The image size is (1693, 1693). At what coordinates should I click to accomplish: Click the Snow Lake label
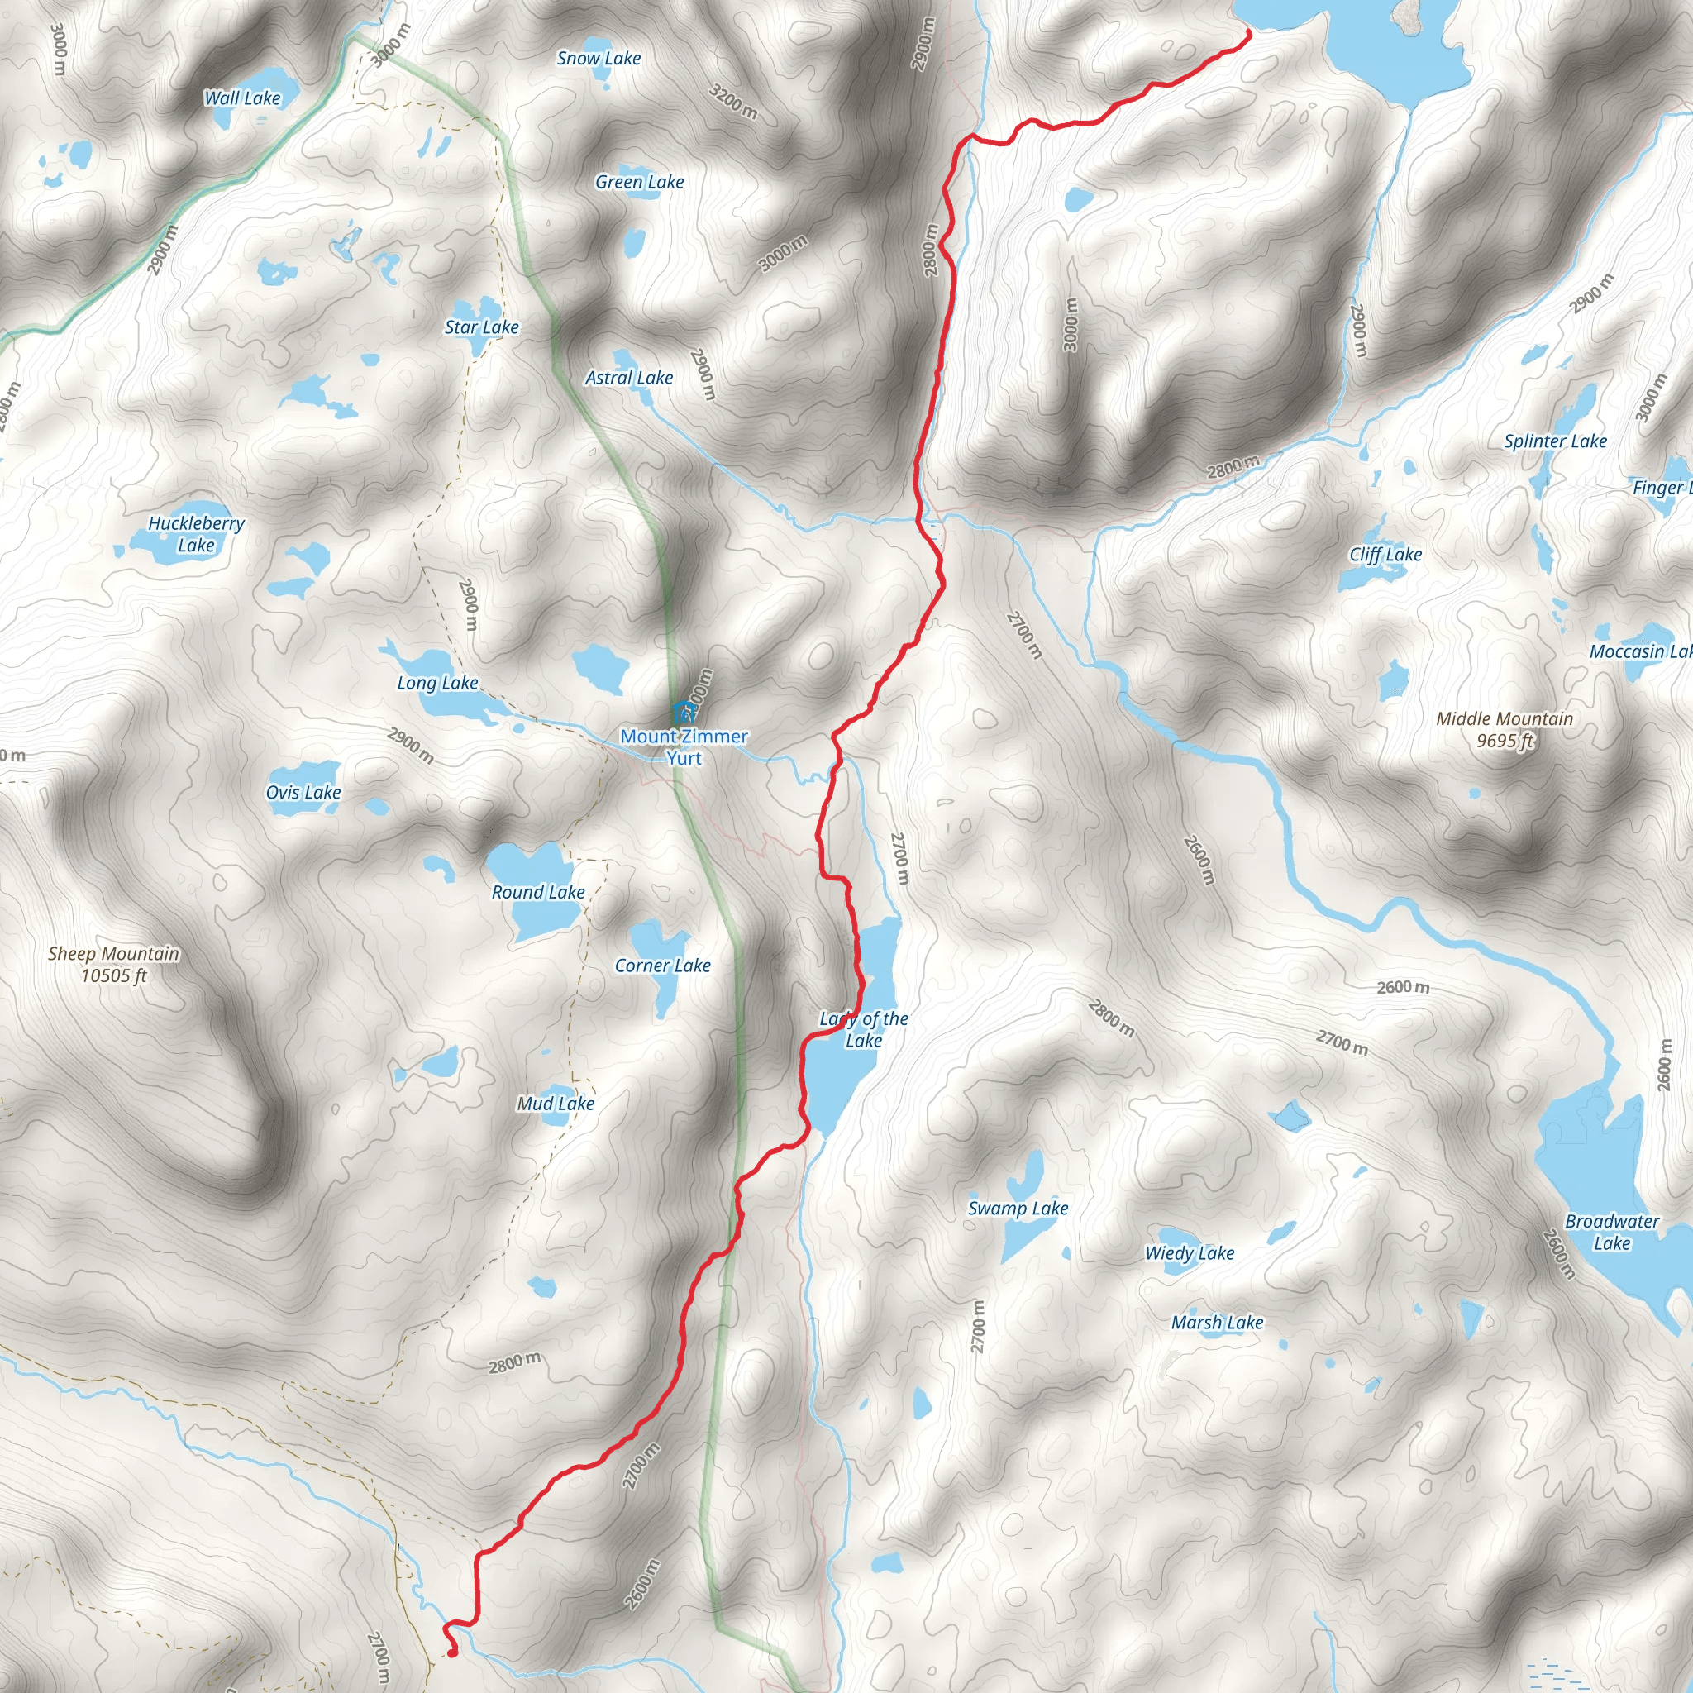(x=599, y=59)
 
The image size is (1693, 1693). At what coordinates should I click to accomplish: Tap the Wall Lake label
(x=242, y=98)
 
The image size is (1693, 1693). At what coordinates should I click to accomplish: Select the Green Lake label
(x=639, y=182)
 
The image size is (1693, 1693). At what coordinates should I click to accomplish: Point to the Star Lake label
(x=481, y=327)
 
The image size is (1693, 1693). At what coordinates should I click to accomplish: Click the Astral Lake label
(x=628, y=378)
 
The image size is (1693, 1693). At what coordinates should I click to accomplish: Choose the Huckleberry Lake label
(x=196, y=535)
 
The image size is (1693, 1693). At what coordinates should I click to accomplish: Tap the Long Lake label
(x=437, y=683)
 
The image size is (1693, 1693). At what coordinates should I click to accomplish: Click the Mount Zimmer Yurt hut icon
(x=683, y=712)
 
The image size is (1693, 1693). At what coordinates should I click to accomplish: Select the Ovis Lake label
(x=303, y=792)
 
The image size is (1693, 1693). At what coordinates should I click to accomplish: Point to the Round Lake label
(x=538, y=892)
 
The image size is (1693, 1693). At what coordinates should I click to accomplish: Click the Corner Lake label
(x=662, y=966)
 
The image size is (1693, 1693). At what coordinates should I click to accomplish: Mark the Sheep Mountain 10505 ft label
(x=114, y=964)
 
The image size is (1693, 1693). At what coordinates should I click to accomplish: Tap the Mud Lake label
(x=556, y=1104)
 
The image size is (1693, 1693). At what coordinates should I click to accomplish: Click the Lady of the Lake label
(x=864, y=1030)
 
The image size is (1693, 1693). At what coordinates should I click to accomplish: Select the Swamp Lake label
(x=1018, y=1209)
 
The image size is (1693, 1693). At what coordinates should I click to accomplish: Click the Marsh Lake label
(x=1217, y=1323)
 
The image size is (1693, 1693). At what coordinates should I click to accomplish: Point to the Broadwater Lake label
(x=1611, y=1232)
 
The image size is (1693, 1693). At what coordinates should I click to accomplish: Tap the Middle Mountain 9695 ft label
(x=1505, y=730)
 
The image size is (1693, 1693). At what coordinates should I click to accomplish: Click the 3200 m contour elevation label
(x=732, y=103)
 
